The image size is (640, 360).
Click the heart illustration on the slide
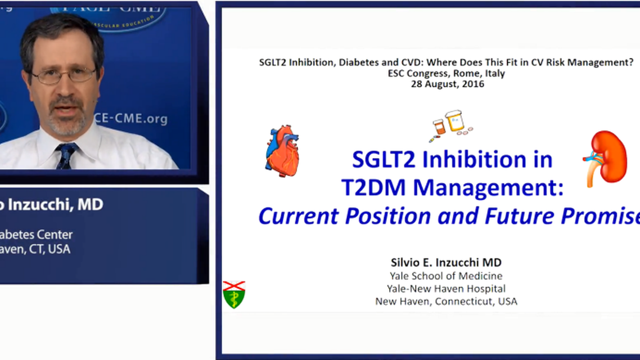(282, 151)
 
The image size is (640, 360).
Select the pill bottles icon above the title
(450, 125)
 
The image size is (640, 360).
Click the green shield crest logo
(234, 294)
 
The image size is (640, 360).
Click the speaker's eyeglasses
(64, 75)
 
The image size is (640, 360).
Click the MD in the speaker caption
(90, 205)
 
